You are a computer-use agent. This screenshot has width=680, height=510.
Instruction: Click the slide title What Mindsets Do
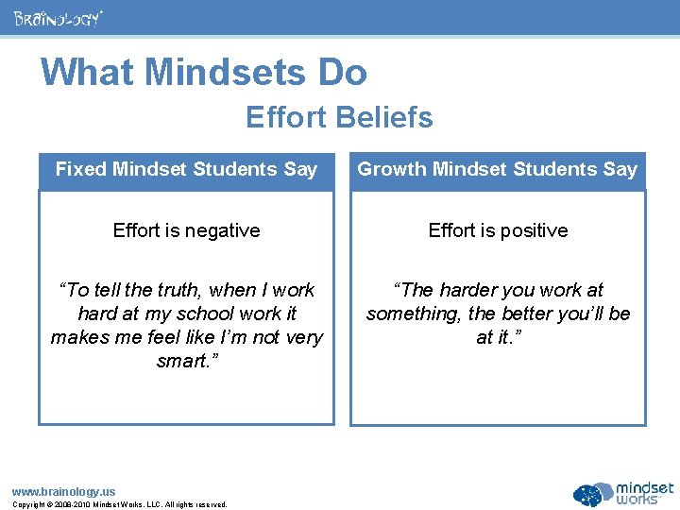(x=203, y=72)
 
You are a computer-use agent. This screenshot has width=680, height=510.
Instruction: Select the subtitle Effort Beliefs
(x=339, y=117)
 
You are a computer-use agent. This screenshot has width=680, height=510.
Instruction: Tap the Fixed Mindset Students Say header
(x=186, y=170)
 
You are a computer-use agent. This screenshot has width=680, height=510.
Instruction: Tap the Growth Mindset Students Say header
(x=498, y=170)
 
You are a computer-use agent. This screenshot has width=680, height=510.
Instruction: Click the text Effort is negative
(x=186, y=230)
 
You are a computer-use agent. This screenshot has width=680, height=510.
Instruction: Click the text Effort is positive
(x=498, y=230)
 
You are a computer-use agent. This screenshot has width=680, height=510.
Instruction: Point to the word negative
(x=223, y=230)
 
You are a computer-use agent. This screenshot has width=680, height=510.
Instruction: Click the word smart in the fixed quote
(x=182, y=361)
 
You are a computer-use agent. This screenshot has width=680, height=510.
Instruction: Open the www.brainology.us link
(x=63, y=491)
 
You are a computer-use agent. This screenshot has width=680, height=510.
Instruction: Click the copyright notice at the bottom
(x=119, y=505)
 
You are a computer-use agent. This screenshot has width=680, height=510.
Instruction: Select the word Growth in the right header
(x=392, y=170)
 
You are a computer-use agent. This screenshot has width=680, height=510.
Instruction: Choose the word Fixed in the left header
(x=80, y=170)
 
